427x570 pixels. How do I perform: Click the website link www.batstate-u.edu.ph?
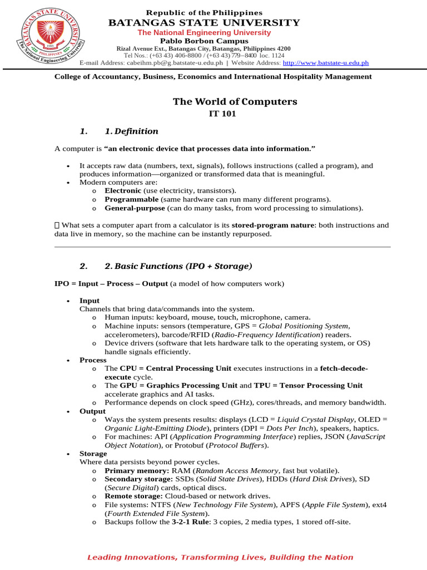tap(326, 63)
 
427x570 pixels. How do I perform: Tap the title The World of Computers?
tap(235, 102)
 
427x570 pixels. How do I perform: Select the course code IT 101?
tap(222, 114)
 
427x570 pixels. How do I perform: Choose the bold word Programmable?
tap(132, 199)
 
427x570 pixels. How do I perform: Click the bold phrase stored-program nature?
tap(267, 225)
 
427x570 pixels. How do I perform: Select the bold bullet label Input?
tap(90, 301)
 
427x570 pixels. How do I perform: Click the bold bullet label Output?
tap(92, 411)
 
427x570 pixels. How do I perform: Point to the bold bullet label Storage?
tap(93, 454)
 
